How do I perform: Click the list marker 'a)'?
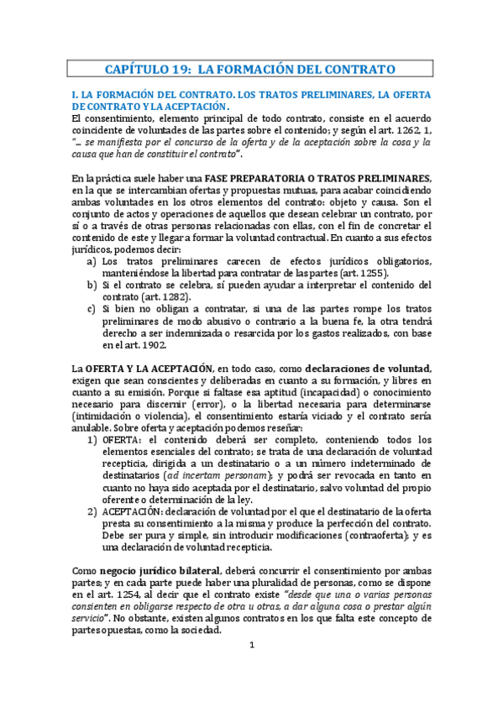click(91, 260)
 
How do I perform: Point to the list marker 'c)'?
click(91, 309)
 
